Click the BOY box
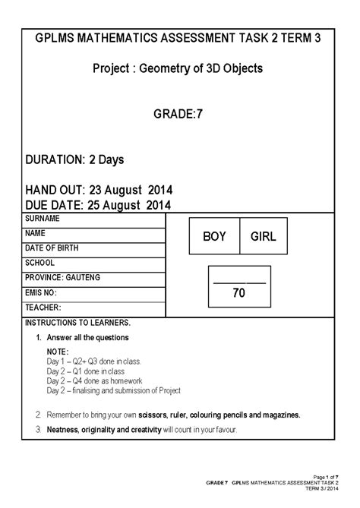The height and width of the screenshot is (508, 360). (215, 237)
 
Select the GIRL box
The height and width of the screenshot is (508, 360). (263, 237)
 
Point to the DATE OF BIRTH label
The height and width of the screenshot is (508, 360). (52, 248)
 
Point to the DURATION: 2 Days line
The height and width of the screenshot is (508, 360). (74, 160)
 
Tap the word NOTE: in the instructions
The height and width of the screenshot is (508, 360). (58, 352)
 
